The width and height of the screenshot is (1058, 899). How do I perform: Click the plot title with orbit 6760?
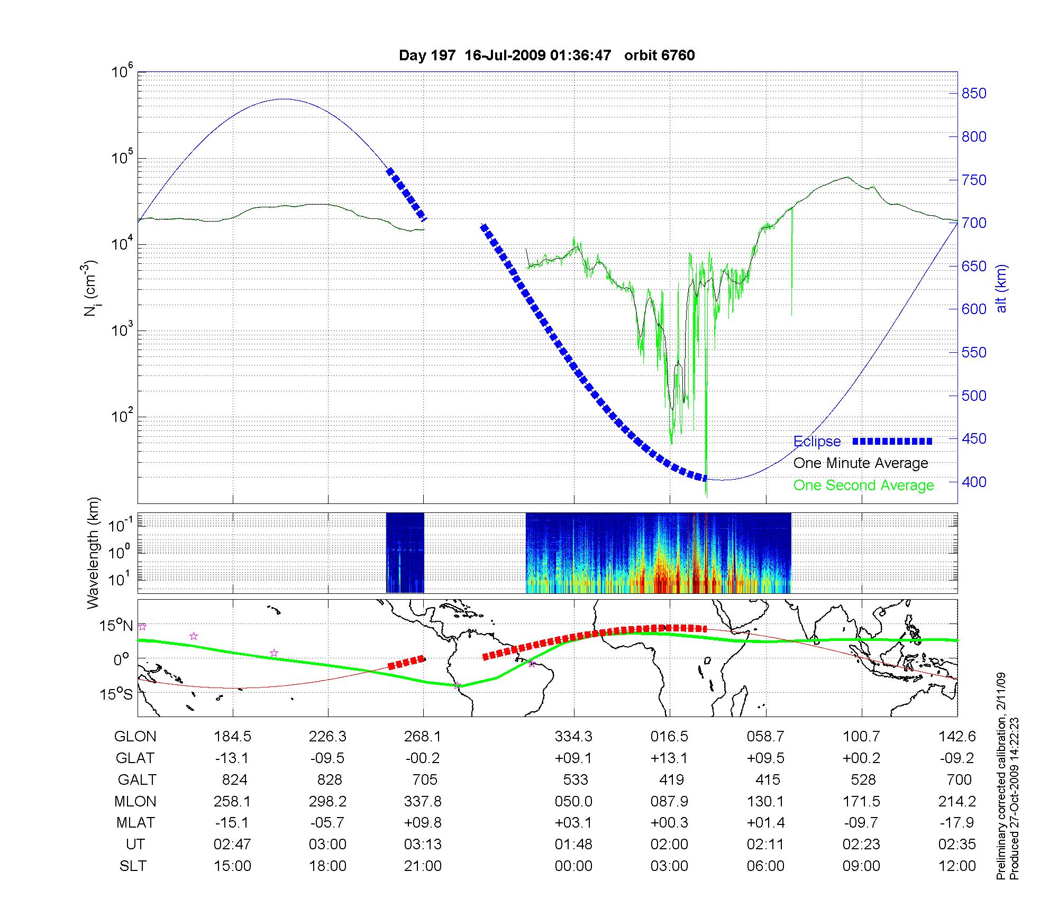[546, 56]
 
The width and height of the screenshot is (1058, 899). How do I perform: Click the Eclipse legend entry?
[817, 442]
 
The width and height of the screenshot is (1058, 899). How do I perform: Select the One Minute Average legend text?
[861, 463]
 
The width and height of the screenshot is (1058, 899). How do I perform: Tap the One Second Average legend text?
[863, 485]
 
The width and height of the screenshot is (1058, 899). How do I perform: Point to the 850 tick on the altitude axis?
[974, 94]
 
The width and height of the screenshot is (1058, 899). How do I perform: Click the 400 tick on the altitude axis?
[974, 482]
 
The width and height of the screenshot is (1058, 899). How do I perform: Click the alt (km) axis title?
[1002, 288]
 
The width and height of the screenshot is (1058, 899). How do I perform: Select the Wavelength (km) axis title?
[93, 553]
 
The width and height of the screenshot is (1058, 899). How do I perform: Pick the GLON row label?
[135, 736]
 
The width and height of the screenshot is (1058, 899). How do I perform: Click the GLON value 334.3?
[573, 736]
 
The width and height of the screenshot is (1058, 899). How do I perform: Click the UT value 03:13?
[423, 844]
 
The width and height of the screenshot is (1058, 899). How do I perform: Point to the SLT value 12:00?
[957, 866]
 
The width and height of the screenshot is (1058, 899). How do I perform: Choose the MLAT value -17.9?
[957, 823]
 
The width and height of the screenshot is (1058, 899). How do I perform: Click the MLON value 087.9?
[669, 801]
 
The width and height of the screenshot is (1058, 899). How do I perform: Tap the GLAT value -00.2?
[423, 758]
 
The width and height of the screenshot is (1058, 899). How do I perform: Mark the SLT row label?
[133, 866]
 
